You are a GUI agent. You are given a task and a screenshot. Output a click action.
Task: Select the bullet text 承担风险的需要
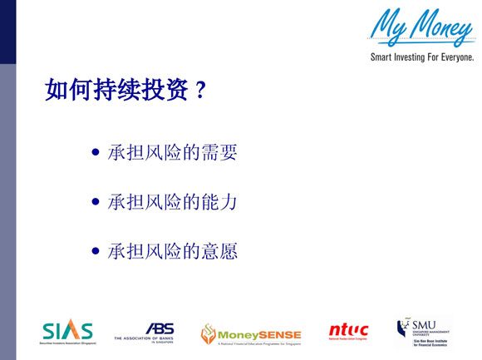(172, 153)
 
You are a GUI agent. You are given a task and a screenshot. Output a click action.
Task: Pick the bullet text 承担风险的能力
(172, 202)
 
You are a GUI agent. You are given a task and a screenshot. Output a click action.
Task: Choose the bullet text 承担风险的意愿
(172, 251)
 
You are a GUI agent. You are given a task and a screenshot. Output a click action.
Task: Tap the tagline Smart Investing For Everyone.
(422, 58)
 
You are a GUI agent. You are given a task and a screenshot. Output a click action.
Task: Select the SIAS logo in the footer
(67, 331)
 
